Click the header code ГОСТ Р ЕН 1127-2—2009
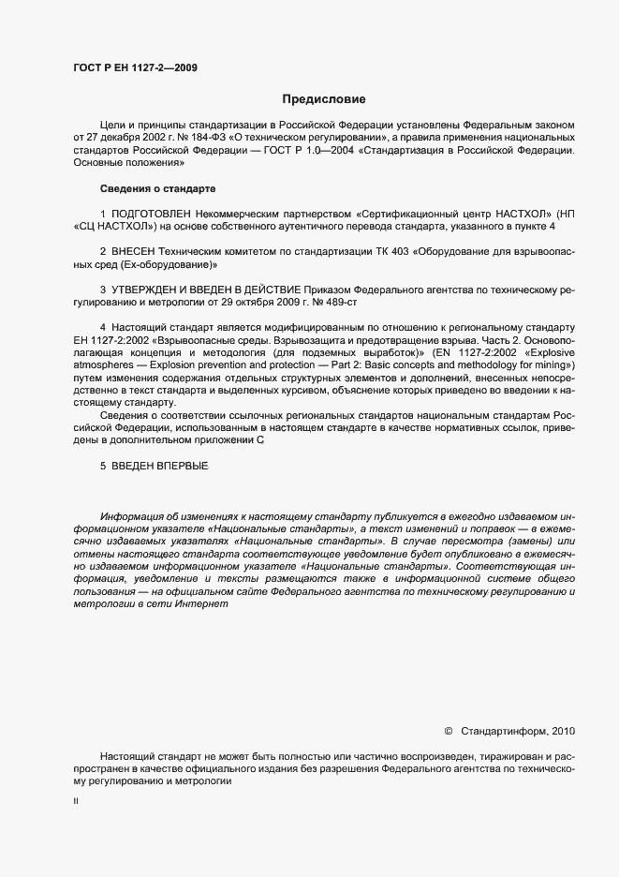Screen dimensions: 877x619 pos(135,67)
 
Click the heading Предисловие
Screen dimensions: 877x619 pos(324,99)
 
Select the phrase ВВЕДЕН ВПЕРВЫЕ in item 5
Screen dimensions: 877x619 pos(160,466)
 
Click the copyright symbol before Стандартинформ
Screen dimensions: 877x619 pos(448,729)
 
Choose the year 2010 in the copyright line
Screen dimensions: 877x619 pos(565,729)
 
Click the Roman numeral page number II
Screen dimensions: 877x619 pos(76,802)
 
